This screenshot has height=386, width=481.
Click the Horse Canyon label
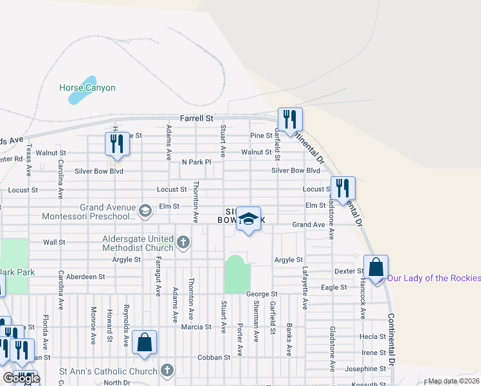[x=87, y=87]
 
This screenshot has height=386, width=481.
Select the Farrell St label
[x=196, y=118]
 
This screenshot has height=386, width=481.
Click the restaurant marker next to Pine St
[x=290, y=120]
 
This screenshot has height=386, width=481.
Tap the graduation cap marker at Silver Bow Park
[x=248, y=219]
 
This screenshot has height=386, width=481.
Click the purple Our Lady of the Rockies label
[x=434, y=278]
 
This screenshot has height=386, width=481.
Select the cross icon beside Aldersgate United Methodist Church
[x=183, y=243]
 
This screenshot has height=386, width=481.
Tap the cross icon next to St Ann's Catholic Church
[x=167, y=371]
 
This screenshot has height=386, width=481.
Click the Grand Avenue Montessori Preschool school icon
[x=146, y=210]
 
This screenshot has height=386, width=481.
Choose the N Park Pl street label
[x=196, y=162]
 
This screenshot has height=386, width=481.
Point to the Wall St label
[x=54, y=243]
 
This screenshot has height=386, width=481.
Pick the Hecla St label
[x=372, y=336]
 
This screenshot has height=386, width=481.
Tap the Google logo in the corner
[x=21, y=378]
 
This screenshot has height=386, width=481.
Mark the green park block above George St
[x=236, y=275]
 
